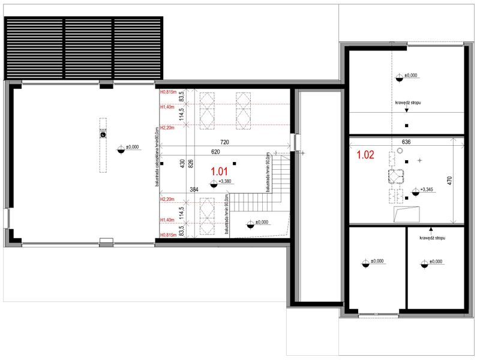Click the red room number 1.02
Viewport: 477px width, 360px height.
(365, 155)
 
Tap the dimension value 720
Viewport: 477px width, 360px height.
(226, 143)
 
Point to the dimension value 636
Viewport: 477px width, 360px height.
(407, 143)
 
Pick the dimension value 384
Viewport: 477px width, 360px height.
(194, 190)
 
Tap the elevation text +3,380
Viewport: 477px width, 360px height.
(226, 181)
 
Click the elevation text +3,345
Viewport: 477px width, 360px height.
(428, 190)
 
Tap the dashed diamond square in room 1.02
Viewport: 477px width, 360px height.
(395, 177)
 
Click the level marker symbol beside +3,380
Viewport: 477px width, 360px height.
(213, 182)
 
